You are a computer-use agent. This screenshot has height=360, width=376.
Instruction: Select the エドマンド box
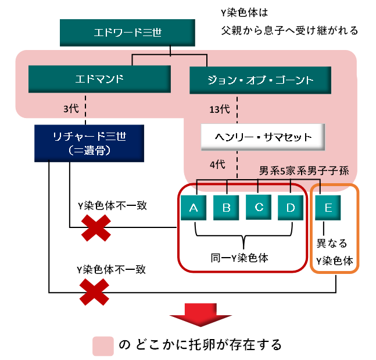tap(100, 79)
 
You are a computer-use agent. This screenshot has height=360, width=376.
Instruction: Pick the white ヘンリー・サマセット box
tap(262, 137)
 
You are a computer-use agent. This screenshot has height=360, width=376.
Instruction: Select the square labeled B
tap(226, 208)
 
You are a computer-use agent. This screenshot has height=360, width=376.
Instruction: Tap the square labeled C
tap(259, 208)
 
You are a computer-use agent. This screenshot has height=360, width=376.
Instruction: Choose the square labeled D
tap(291, 208)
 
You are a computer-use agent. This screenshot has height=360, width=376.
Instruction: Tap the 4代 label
tap(216, 164)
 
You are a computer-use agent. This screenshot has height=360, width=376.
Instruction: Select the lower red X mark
tap(95, 291)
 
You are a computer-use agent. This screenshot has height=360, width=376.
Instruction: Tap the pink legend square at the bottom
tap(103, 345)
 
